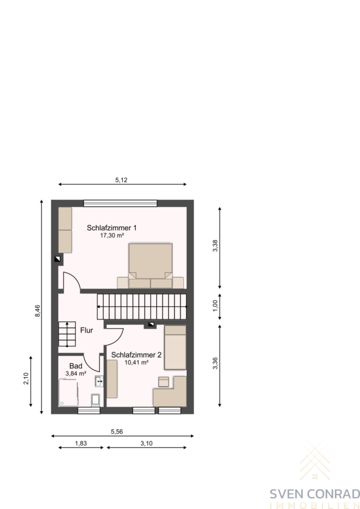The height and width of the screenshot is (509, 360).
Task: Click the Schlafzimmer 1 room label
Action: pos(112,228)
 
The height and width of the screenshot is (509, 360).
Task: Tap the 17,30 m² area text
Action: pos(112,236)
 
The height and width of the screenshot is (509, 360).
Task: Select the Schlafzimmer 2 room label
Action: pos(136,355)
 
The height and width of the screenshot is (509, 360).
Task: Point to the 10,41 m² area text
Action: pos(136,363)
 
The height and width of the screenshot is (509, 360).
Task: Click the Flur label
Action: pos(87,330)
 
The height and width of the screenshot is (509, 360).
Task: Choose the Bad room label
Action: pos(76,366)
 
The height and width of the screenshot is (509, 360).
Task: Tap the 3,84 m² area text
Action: pos(76,374)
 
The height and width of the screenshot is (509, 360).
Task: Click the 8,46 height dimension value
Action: pos(38,310)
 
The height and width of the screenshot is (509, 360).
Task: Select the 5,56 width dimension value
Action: pos(117,432)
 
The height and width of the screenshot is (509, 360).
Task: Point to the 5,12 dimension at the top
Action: pos(121,180)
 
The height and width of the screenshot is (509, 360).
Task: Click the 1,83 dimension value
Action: pos(81,443)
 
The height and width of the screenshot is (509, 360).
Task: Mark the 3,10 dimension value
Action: pos(147,443)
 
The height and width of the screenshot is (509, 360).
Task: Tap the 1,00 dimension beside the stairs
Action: pos(215,306)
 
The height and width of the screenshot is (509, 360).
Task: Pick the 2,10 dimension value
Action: pos(26,378)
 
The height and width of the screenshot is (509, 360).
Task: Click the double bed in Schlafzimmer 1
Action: pos(151,266)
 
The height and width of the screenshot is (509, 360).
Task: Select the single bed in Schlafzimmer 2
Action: pos(175,347)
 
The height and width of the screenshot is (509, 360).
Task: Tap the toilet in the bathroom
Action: pos(96,400)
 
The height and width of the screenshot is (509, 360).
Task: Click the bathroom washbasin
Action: pos(99,381)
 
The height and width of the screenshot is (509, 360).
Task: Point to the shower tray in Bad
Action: pos(68,392)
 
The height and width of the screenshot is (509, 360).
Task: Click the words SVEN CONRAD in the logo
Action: pos(315,494)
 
